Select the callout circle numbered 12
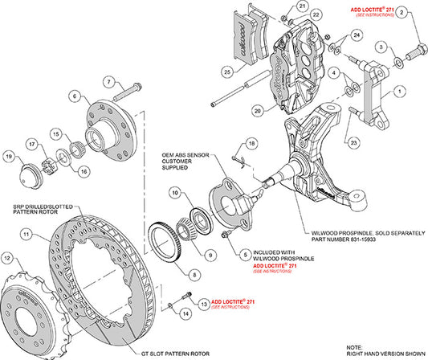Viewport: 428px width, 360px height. click(9, 259)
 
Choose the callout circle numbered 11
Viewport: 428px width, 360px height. click(26, 235)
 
